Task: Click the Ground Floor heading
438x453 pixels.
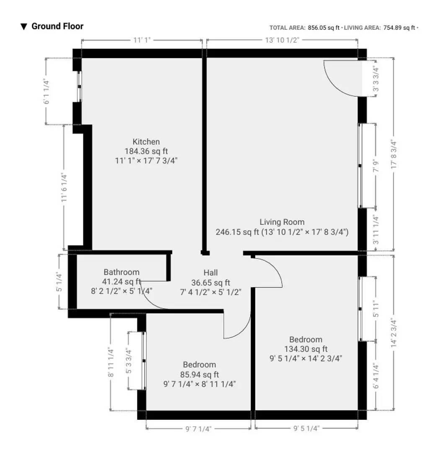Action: tap(57, 26)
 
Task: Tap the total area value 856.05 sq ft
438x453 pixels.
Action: tap(323, 28)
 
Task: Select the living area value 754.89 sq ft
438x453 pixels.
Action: tap(399, 28)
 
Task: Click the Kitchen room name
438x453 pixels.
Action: tap(146, 142)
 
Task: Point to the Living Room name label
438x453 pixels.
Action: tap(282, 222)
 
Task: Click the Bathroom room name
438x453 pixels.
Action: tap(122, 272)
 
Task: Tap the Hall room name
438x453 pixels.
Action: tap(210, 272)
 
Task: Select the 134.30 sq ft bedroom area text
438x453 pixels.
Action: tap(306, 349)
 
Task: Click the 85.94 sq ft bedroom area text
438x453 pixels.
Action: tap(199, 374)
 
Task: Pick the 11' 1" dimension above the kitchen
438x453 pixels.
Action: tap(142, 40)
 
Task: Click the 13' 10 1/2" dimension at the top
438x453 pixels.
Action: tap(282, 40)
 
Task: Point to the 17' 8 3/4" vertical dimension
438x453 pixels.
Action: tap(393, 154)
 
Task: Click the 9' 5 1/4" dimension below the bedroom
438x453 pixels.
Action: tap(306, 429)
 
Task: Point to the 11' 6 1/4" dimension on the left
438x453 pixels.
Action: tap(64, 187)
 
